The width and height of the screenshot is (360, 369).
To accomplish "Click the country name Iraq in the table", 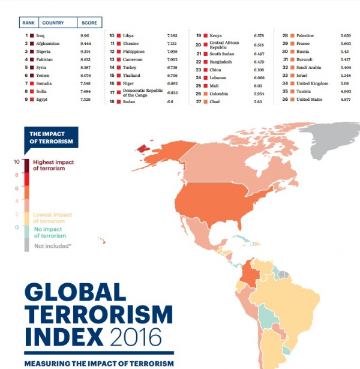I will (x=40, y=35).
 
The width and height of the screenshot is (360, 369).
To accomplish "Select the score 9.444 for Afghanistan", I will (x=87, y=43).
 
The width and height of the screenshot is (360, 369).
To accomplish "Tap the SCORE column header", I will (x=89, y=23).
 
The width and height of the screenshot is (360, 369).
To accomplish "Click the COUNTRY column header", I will (x=53, y=23).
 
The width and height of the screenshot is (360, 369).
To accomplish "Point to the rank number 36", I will (x=285, y=100).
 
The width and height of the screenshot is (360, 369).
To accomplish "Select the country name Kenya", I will (x=215, y=35).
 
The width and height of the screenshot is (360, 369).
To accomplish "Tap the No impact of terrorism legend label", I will (x=50, y=232).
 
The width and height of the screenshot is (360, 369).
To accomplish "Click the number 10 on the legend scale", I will (x=17, y=161).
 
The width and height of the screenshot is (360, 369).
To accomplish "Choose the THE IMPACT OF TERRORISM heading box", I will (x=50, y=137).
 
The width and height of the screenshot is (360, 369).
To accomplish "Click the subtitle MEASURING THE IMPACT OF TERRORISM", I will (x=99, y=363).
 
